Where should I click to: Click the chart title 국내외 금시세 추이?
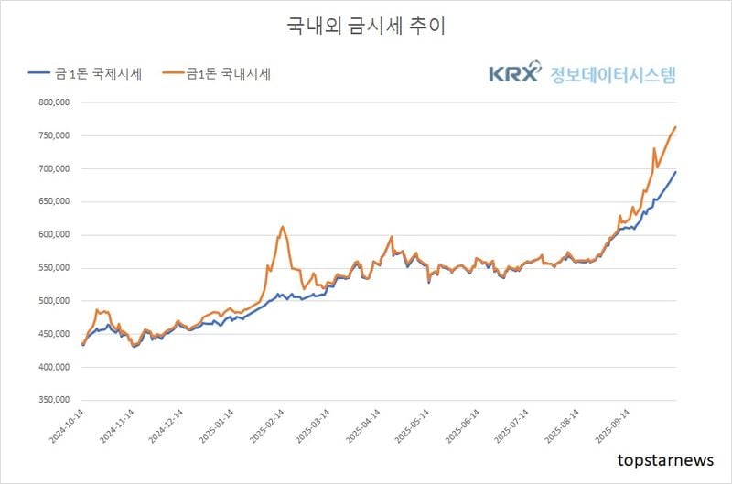coord(366,26)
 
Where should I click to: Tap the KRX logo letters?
coord(515,74)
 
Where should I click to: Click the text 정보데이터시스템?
coord(613,74)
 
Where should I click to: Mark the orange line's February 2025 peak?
coord(283,226)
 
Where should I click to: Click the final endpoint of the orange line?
coord(675,126)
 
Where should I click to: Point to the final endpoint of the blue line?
coord(675,172)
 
